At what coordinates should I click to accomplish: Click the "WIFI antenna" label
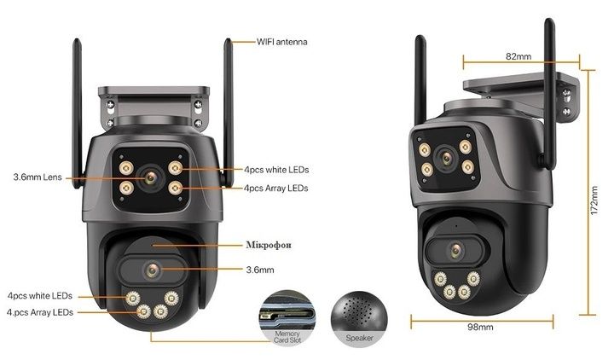[282, 42]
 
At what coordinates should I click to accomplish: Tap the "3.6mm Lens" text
[38, 177]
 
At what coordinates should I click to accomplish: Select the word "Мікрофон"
[269, 245]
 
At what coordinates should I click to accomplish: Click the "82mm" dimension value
[518, 56]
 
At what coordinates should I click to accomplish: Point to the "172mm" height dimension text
[594, 200]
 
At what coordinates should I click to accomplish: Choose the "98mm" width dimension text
[480, 327]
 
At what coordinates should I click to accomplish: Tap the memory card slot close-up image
[287, 317]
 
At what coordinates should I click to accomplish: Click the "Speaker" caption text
[360, 338]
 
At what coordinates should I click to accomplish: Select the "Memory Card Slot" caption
[287, 337]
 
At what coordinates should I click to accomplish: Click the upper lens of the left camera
[150, 178]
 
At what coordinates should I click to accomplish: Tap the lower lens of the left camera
[152, 270]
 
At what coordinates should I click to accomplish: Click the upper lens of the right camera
[446, 159]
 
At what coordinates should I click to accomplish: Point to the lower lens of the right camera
[455, 250]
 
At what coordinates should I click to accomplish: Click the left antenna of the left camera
[78, 113]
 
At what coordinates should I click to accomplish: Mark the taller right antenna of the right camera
[550, 93]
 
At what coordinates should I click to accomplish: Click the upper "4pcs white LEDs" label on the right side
[276, 170]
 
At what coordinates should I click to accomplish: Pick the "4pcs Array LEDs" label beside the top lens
[275, 189]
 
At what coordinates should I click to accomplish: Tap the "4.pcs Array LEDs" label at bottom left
[40, 312]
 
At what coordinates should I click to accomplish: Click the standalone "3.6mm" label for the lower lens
[260, 270]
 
